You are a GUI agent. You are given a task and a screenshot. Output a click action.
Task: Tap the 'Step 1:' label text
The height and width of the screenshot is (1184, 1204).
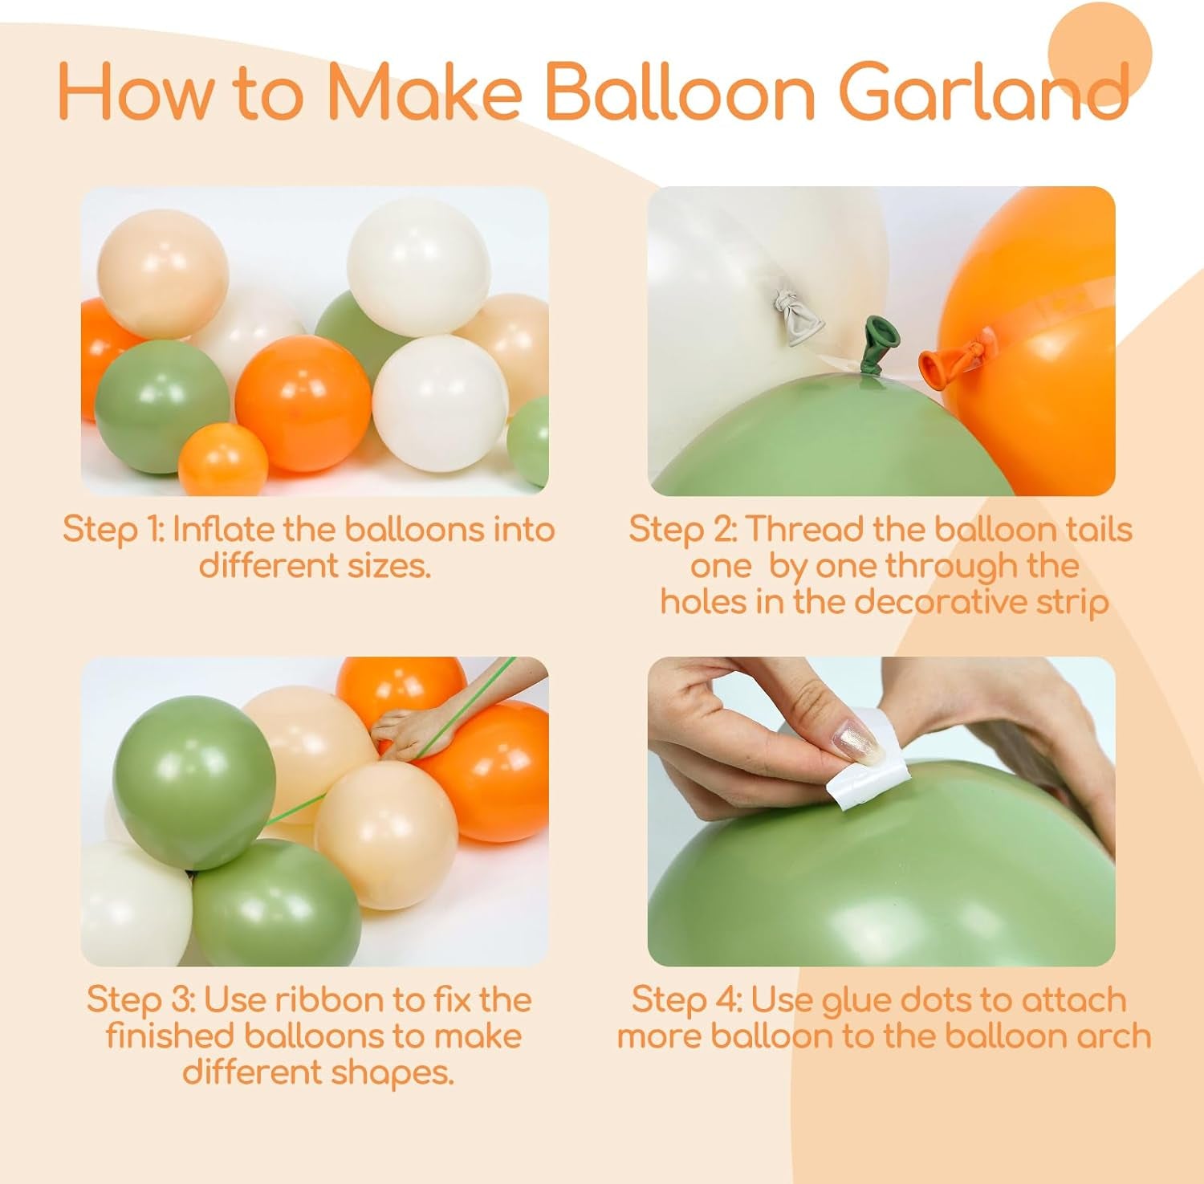point(112,530)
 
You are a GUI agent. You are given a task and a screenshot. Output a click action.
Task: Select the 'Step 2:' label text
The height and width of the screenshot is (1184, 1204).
point(683,530)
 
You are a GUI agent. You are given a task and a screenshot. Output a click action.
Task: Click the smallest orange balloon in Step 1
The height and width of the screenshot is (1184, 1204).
point(222,460)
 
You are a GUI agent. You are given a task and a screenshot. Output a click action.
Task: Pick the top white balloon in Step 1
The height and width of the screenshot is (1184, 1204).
point(418,267)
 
